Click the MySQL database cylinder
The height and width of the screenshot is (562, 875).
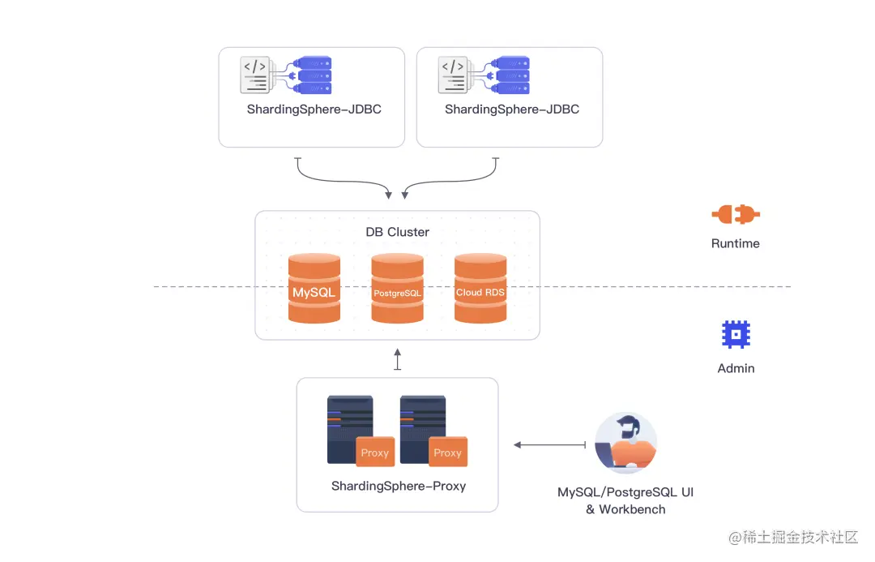(314, 290)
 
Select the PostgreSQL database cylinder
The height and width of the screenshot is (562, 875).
(397, 290)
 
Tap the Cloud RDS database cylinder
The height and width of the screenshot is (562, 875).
(480, 290)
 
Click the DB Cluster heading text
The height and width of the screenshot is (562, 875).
(397, 232)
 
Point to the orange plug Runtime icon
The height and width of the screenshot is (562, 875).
(736, 215)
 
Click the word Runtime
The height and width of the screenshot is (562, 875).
(736, 243)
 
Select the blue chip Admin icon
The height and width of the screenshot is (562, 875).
(736, 334)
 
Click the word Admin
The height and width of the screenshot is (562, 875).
(736, 368)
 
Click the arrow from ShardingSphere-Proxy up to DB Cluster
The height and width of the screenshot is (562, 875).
(397, 359)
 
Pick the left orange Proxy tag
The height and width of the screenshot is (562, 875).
(375, 453)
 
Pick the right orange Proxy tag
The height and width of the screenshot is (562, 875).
(447, 453)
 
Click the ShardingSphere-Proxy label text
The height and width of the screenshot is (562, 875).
(399, 487)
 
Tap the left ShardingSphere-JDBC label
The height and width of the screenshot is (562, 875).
(314, 109)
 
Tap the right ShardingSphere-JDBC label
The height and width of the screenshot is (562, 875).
(512, 109)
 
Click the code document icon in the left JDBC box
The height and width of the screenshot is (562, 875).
(256, 75)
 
